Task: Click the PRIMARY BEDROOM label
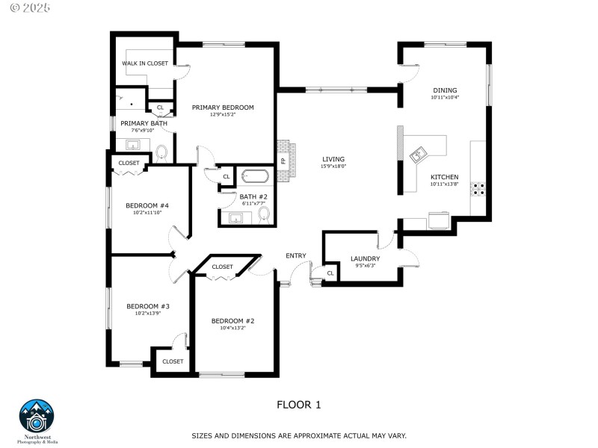[x=223, y=108]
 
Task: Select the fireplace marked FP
[x=284, y=161]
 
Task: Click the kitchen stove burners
[x=478, y=189]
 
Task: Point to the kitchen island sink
[x=419, y=155]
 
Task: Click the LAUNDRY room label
[x=366, y=259]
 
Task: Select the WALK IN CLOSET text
[x=145, y=63]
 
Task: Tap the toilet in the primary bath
[x=161, y=152]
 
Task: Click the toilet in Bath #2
[x=263, y=214]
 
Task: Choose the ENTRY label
[x=295, y=256]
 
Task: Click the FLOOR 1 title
[x=299, y=405]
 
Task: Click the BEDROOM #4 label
[x=147, y=205]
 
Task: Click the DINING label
[x=444, y=90]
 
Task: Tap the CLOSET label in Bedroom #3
[x=173, y=361]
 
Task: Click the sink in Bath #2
[x=235, y=218]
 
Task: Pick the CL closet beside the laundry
[x=330, y=273]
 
